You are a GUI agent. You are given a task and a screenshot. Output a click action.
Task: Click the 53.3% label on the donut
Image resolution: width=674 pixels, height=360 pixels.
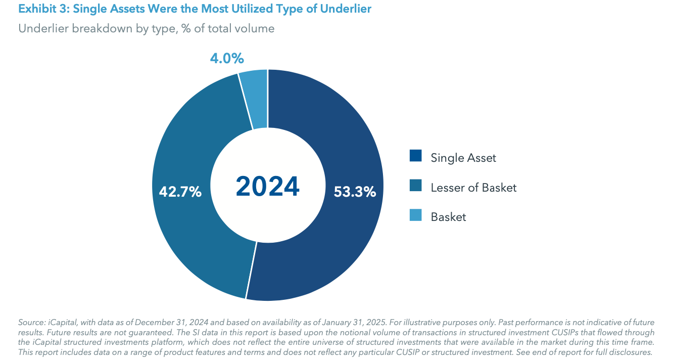tap(355, 192)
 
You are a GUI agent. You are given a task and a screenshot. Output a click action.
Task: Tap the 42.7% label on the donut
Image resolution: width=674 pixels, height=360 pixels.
tap(180, 192)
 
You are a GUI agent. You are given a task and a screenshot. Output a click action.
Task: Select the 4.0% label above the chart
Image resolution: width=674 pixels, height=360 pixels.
tap(227, 59)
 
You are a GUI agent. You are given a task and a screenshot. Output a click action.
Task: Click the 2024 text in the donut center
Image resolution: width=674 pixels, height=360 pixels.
tap(268, 187)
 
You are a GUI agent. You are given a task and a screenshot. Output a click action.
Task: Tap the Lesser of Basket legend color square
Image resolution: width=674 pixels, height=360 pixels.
tap(415, 187)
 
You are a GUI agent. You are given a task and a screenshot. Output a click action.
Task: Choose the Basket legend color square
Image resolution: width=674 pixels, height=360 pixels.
tap(415, 216)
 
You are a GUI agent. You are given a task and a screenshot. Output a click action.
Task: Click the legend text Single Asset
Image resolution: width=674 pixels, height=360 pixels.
tap(463, 158)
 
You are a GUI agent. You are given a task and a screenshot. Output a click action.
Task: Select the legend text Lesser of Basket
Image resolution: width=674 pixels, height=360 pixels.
tap(473, 188)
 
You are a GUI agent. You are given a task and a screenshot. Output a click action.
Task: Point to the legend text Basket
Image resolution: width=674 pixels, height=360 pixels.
tap(448, 217)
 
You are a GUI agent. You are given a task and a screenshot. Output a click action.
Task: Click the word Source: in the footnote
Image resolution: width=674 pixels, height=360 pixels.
tap(32, 323)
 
